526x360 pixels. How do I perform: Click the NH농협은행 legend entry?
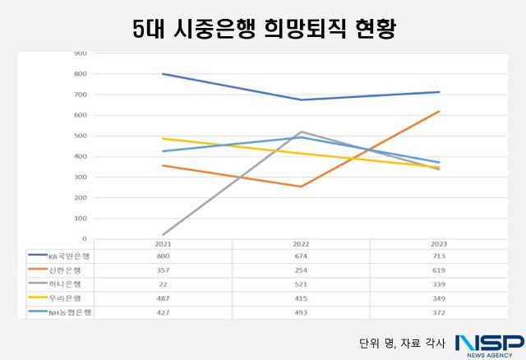point(71,311)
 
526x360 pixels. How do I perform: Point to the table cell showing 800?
point(163,256)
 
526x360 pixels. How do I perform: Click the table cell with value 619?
point(439,270)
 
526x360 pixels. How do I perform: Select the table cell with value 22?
point(163,284)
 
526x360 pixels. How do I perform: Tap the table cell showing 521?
point(301,284)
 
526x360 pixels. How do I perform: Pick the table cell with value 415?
point(301,297)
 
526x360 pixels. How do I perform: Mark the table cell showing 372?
point(439,311)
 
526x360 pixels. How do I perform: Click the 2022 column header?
point(301,244)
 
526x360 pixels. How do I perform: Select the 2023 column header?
point(439,244)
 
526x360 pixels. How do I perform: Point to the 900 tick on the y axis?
point(81,53)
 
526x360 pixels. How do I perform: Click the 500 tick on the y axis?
point(81,136)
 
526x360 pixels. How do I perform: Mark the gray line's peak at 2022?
point(301,132)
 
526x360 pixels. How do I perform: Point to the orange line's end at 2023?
point(439,111)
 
